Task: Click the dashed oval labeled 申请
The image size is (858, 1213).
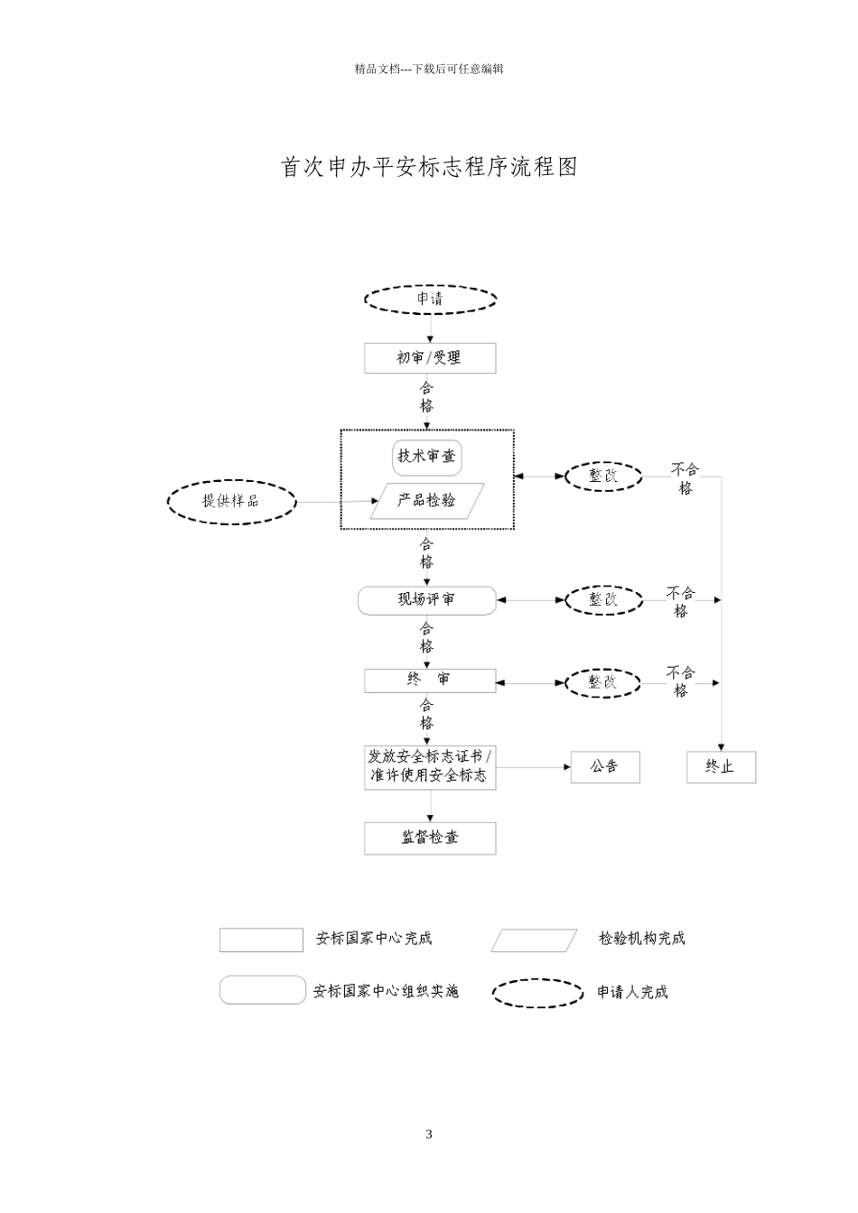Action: pos(431,299)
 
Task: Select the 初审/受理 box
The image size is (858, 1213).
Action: pos(430,358)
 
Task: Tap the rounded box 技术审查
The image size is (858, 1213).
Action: pos(427,457)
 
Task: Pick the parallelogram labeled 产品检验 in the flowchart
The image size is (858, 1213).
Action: pos(427,501)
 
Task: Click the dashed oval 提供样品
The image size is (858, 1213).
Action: pos(232,501)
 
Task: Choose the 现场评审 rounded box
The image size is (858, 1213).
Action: pos(427,600)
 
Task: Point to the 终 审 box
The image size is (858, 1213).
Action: pos(430,681)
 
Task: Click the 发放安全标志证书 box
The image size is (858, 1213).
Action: pos(430,766)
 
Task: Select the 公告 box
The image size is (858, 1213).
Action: pos(605,767)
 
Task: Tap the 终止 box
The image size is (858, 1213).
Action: pos(721,767)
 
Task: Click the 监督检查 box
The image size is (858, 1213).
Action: pos(430,838)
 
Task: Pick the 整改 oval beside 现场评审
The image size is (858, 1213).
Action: pos(604,599)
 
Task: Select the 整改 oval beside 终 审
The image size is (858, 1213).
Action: pos(604,682)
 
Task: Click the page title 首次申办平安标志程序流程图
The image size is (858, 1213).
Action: pos(430,168)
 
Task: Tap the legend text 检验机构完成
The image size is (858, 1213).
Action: pos(642,940)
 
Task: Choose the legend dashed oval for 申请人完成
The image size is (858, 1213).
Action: pos(537,993)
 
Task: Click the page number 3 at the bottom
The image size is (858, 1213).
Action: pos(429,1134)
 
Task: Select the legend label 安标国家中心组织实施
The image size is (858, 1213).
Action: pos(386,992)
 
